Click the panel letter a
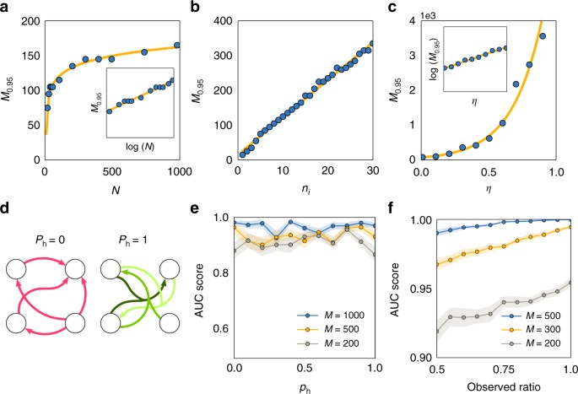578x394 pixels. point(7,8)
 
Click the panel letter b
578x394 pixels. point(200,8)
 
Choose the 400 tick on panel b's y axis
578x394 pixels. point(220,19)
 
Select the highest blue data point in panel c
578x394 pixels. point(543,36)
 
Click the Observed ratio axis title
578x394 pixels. point(500,384)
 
